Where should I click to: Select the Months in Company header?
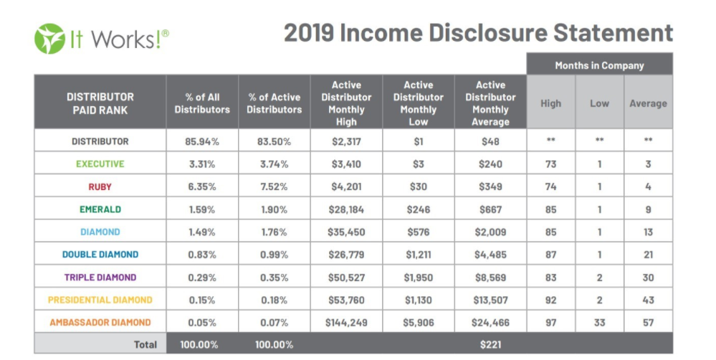click(599, 65)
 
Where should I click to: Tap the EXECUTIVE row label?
click(100, 164)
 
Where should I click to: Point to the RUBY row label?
click(100, 187)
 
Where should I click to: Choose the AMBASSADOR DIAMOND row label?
click(100, 323)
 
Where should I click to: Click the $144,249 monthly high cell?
click(346, 323)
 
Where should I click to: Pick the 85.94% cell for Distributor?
click(202, 142)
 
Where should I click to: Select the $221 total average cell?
click(490, 345)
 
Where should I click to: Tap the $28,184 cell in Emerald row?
click(346, 210)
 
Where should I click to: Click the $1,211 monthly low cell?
click(419, 255)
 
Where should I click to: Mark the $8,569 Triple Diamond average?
click(490, 278)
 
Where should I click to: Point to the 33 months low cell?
click(599, 323)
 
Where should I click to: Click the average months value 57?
click(648, 323)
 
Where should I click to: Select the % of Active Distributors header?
click(275, 103)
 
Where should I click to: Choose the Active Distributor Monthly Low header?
click(419, 103)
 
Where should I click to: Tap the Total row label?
click(145, 345)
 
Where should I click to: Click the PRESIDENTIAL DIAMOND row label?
click(100, 300)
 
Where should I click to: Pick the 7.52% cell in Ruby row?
click(275, 187)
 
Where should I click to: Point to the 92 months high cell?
click(550, 300)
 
